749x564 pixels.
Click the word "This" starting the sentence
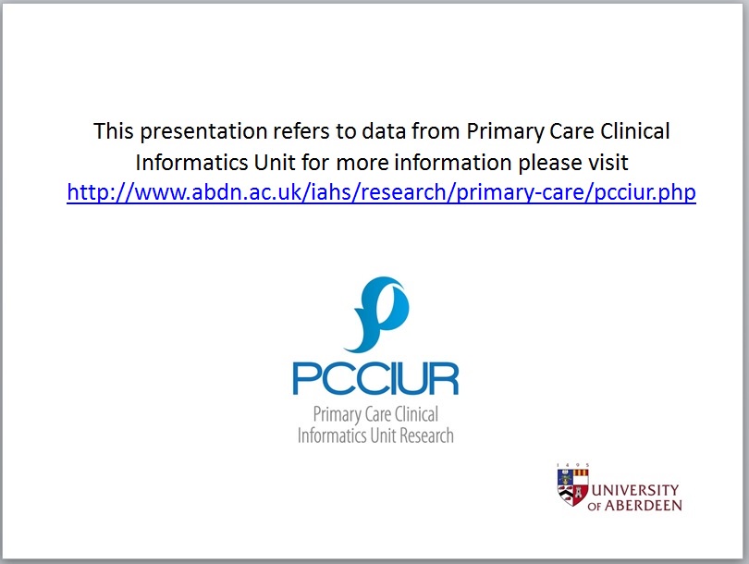pos(113,131)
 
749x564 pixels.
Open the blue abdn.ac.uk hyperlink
pos(381,193)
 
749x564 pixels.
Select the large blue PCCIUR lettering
pos(375,378)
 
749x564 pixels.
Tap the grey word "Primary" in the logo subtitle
pos(337,414)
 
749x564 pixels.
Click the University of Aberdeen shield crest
pos(572,487)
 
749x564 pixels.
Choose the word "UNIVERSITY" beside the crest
pos(635,490)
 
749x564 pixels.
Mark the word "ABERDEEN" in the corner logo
pos(645,506)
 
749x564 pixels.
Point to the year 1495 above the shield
pos(572,465)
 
